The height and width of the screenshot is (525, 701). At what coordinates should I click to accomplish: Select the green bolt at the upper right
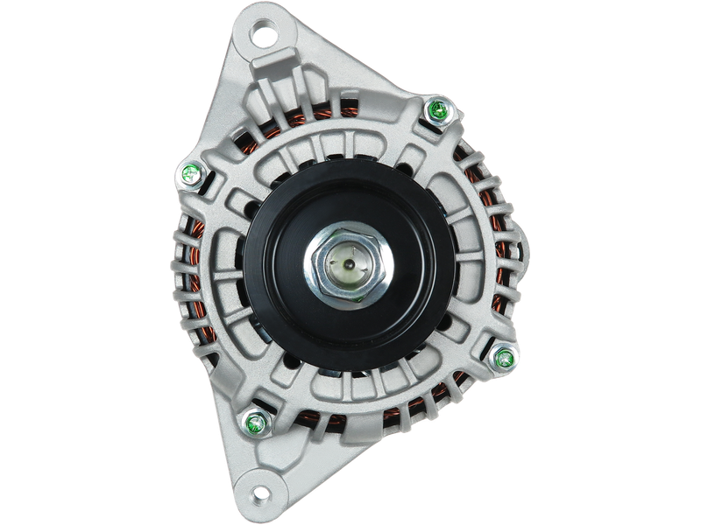tap(435, 110)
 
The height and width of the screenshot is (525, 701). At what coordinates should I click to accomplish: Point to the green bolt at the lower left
tap(257, 422)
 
